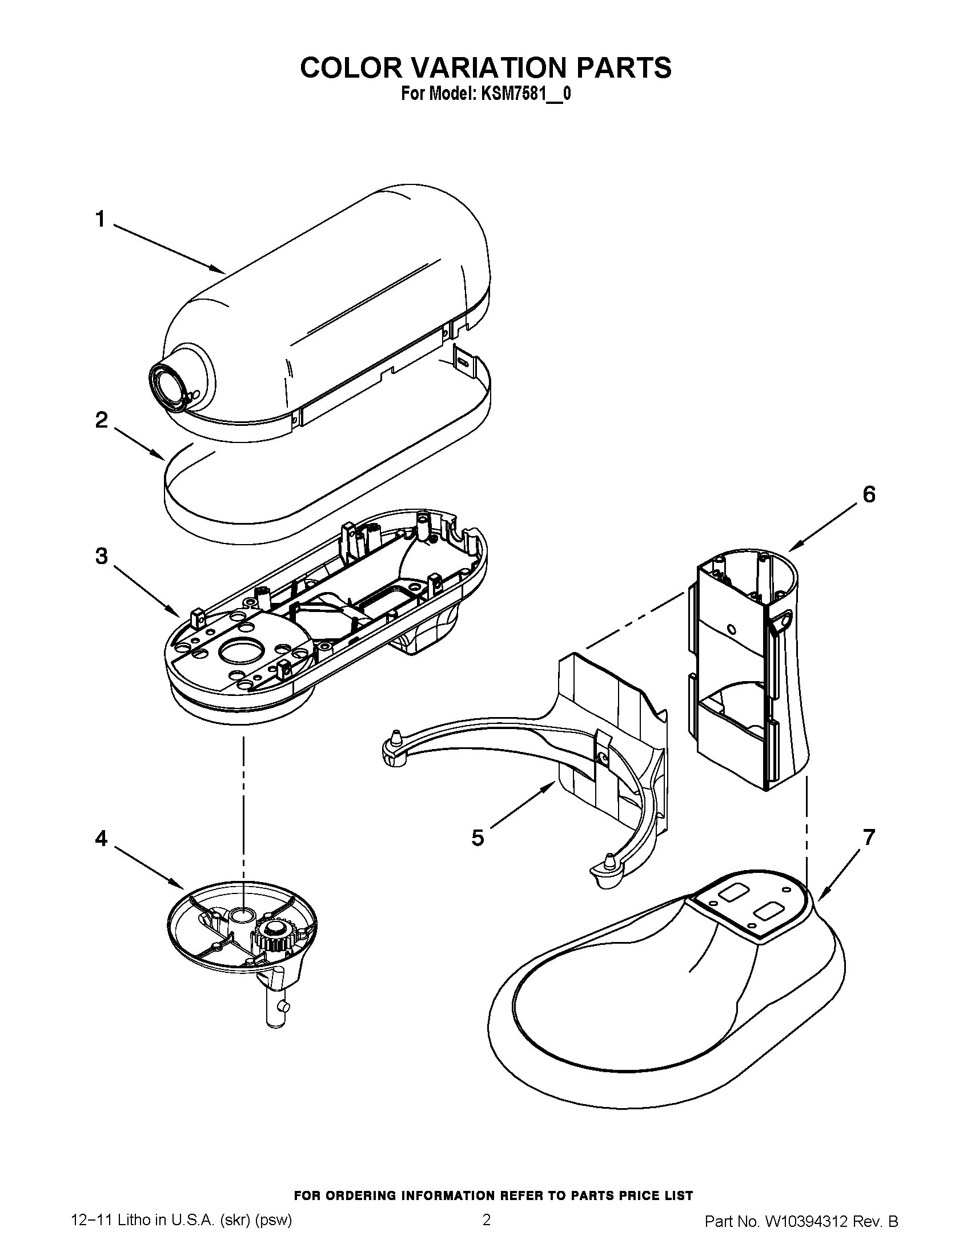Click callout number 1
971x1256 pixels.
point(101,219)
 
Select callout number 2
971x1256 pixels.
point(101,420)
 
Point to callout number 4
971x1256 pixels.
point(101,839)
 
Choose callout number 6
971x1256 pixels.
point(869,494)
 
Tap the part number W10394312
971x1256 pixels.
point(805,1233)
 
